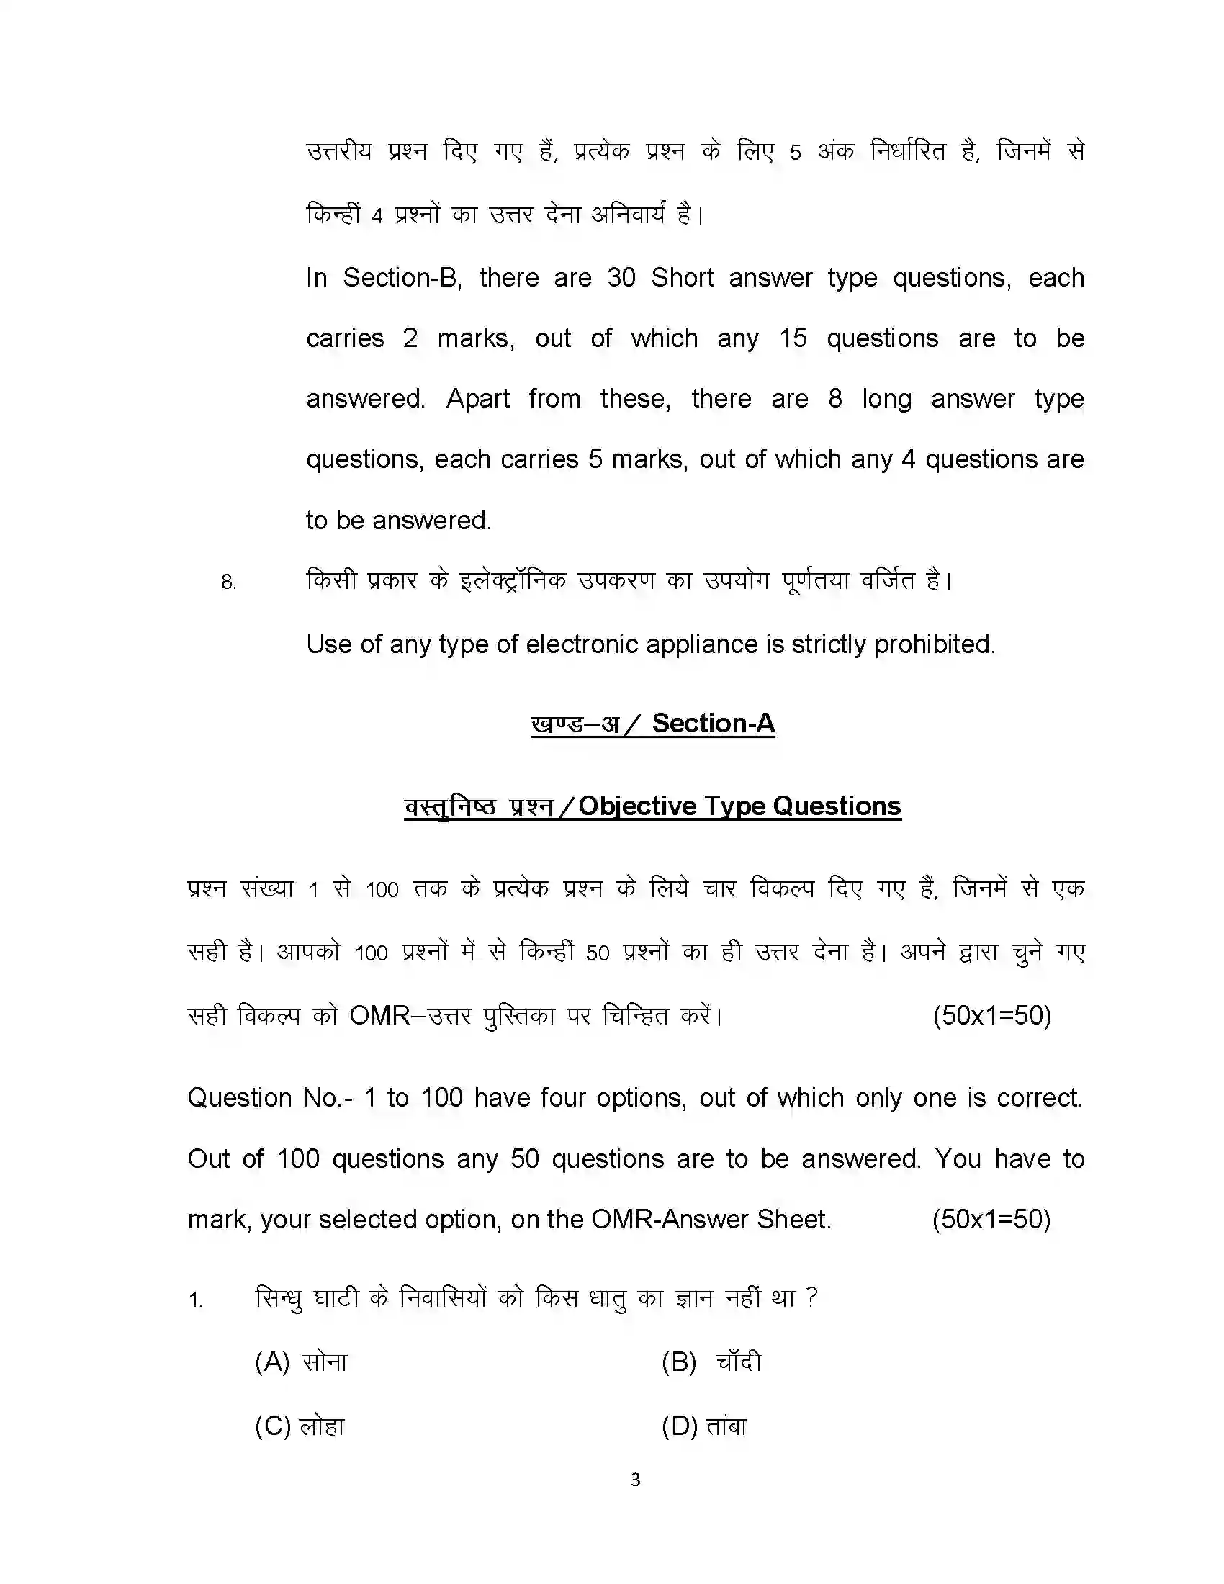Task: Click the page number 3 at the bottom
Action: [x=635, y=1480]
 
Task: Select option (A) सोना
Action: [x=301, y=1362]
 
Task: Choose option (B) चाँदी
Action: [x=711, y=1362]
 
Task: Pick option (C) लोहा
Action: [x=300, y=1426]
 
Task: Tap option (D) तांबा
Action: [x=704, y=1426]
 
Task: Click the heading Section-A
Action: [x=713, y=723]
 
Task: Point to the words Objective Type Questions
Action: [x=739, y=806]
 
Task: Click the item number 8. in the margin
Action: [x=228, y=582]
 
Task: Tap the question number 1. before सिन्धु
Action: [x=196, y=1300]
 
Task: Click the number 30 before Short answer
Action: [x=621, y=278]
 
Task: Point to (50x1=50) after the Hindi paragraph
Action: [x=991, y=1015]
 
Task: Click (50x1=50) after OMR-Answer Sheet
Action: [x=991, y=1219]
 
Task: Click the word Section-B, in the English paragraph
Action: [x=402, y=278]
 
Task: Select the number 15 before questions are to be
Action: [x=793, y=338]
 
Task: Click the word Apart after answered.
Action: [x=477, y=399]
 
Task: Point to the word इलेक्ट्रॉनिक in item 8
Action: [x=513, y=581]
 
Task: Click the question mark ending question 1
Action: [x=812, y=1297]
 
